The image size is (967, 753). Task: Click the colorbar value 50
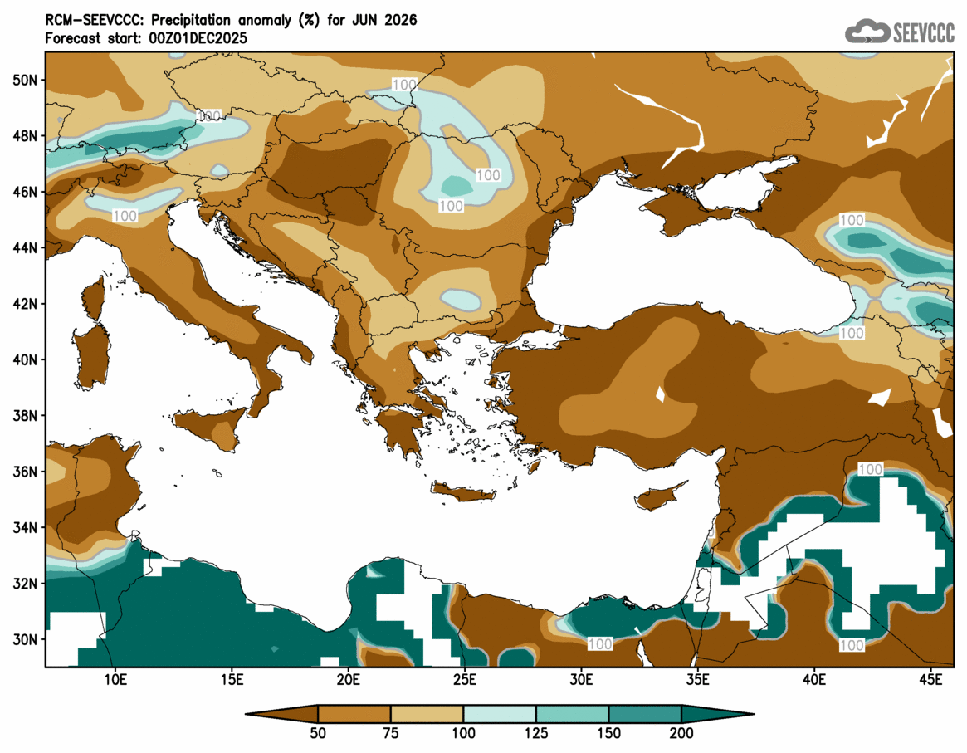(x=318, y=734)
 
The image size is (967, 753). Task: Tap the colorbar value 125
(x=536, y=734)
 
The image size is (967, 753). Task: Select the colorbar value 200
(x=681, y=734)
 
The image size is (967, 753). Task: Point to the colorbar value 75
(x=391, y=734)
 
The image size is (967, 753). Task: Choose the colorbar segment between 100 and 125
(x=500, y=713)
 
